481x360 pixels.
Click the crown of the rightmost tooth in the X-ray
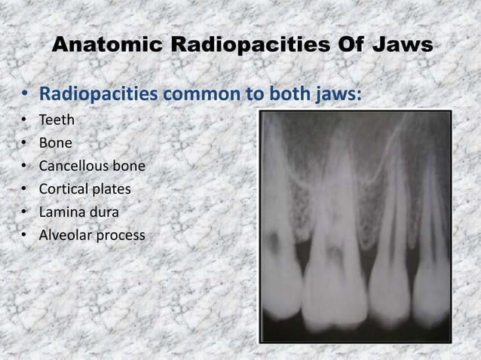433,294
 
